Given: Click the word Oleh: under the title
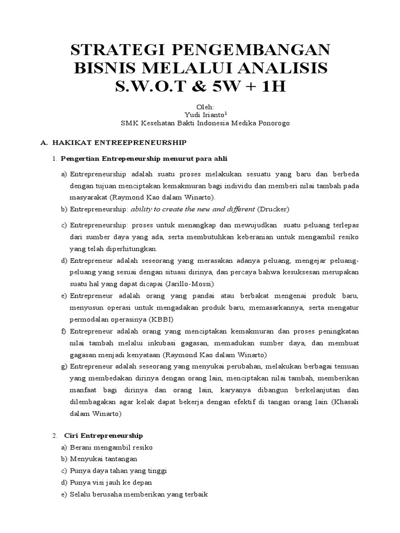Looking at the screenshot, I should (x=199, y=106).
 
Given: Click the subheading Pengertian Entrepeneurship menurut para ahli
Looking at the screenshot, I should (x=144, y=158).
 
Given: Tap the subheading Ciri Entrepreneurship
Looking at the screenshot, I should (x=103, y=435).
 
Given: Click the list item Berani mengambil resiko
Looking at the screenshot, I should (x=111, y=447).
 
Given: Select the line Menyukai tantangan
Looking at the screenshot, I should (x=103, y=459).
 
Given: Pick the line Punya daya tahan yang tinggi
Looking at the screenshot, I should (x=118, y=471).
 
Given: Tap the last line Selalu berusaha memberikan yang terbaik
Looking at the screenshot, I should (x=139, y=494).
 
